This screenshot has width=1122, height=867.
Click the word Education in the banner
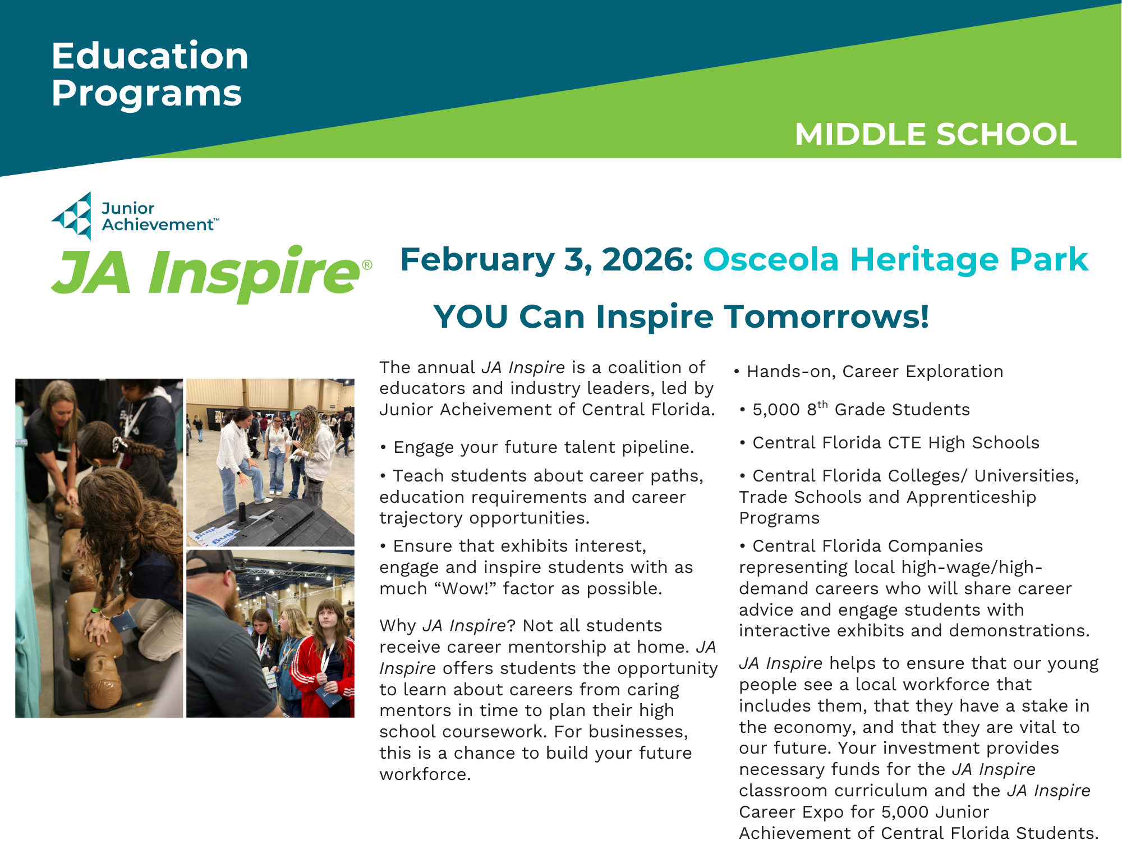(x=150, y=56)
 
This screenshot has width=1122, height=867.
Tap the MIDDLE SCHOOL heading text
(x=936, y=134)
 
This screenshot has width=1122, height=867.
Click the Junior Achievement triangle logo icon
(x=72, y=216)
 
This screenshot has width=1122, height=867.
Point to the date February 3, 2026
(x=546, y=260)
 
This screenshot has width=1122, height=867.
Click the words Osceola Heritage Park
(x=896, y=259)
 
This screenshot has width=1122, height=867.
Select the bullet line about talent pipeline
(x=537, y=447)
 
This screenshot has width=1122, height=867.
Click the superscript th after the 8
(x=822, y=405)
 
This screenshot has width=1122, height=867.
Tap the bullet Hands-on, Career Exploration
(x=869, y=371)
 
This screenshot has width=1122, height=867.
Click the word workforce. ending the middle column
(x=425, y=774)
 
